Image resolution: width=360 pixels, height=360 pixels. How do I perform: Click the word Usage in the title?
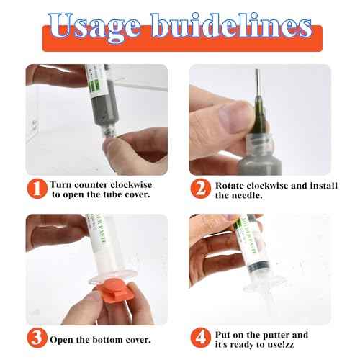click(101, 27)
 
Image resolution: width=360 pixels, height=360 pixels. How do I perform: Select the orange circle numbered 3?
click(38, 339)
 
